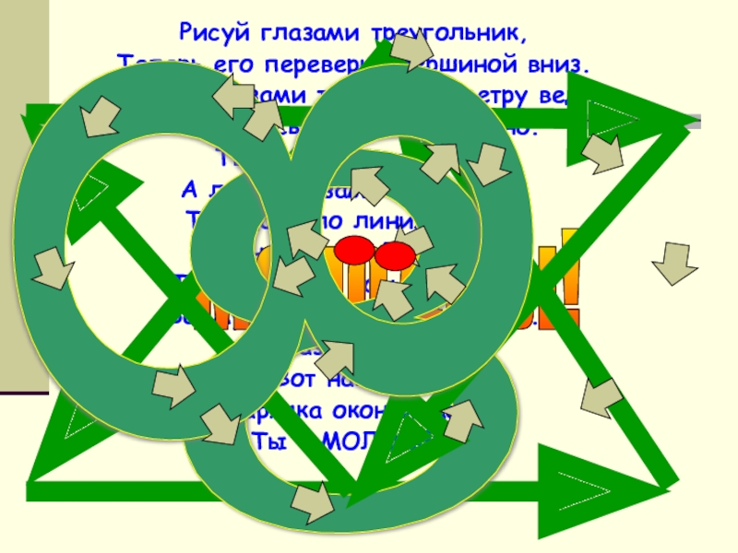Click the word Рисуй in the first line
(208, 35)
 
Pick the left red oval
(352, 249)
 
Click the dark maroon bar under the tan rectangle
(24, 393)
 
